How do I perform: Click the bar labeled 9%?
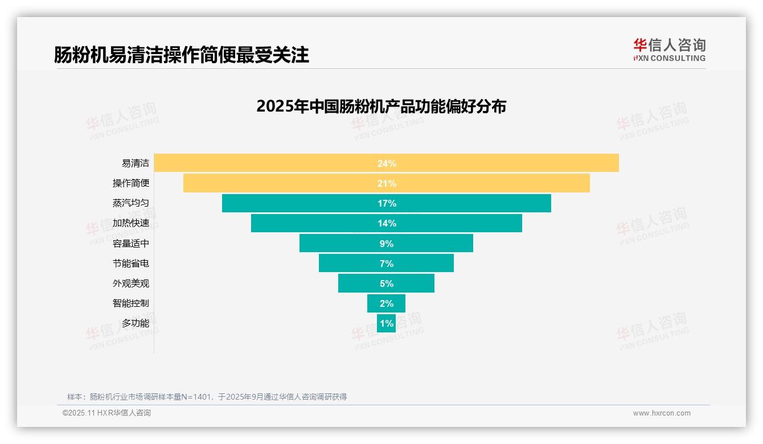coord(342,244)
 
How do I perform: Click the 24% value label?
coord(387,163)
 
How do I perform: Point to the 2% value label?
coord(387,303)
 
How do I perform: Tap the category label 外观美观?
coord(131,283)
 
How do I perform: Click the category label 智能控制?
coord(131,303)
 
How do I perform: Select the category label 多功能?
coord(136,323)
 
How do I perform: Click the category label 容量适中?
coord(131,244)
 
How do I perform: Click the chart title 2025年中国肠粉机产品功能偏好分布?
coord(381,106)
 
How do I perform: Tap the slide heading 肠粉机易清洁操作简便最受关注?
coord(181,55)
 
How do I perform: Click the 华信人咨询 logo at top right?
coord(669,50)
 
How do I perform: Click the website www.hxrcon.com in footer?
coord(662,413)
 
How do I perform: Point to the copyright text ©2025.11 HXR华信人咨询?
coord(106,413)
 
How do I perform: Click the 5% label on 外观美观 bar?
coord(387,283)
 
